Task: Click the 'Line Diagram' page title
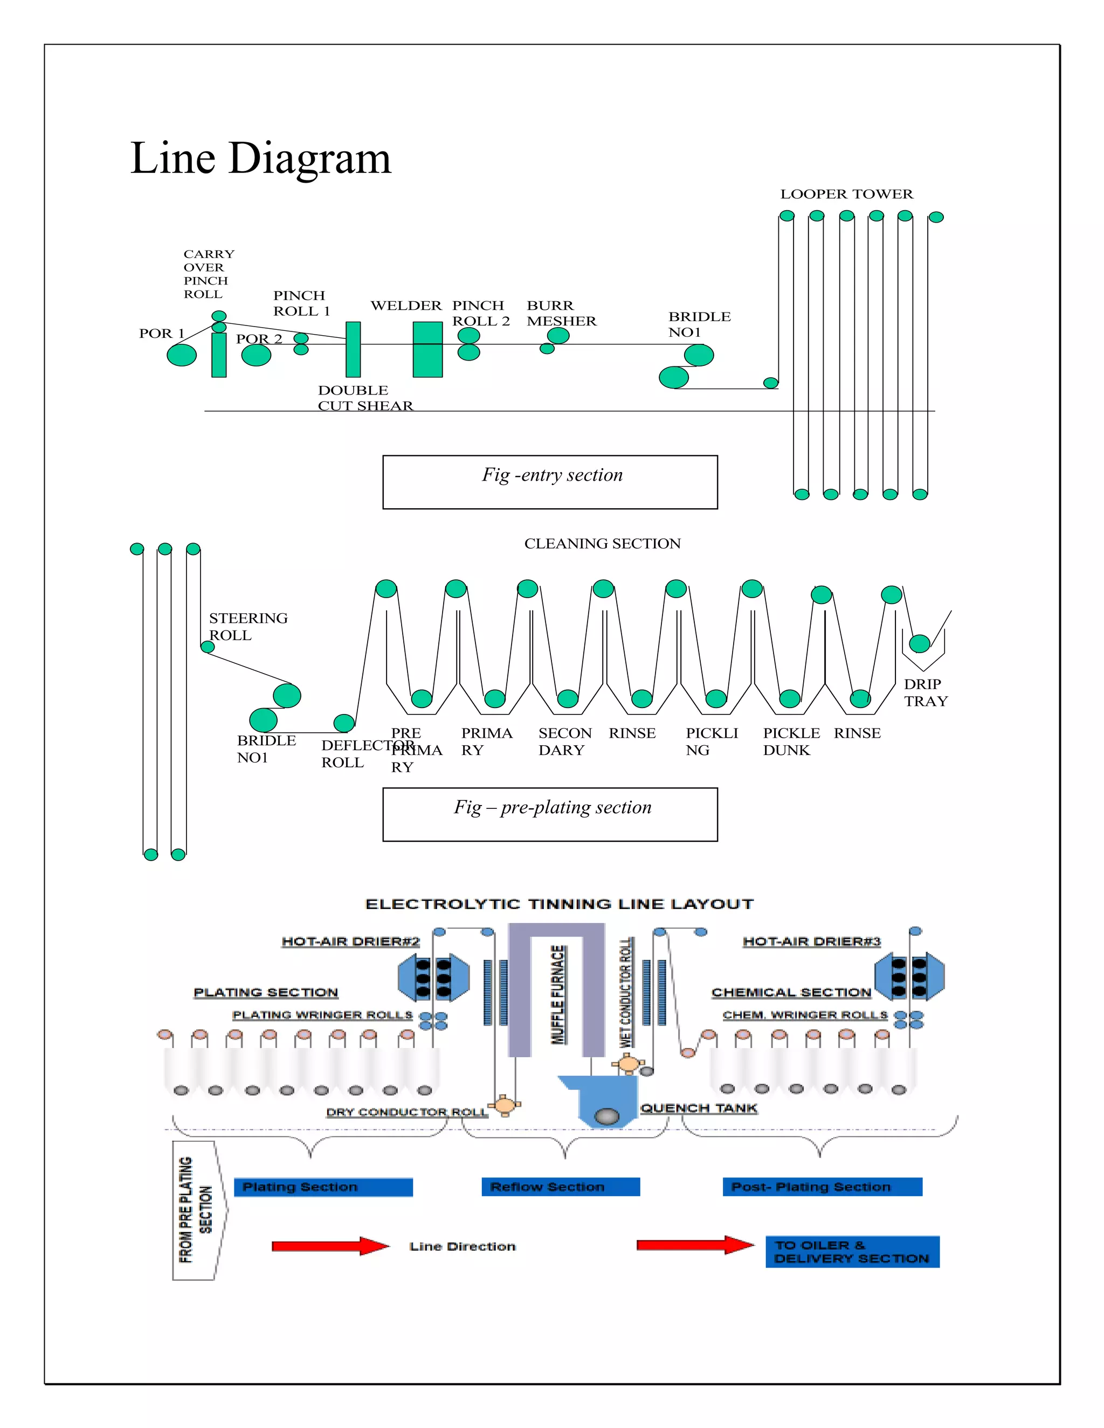pos(260,158)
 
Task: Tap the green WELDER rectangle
pos(427,349)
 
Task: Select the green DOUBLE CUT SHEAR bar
pos(353,349)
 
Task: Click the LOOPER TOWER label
pos(846,194)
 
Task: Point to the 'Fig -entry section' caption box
pos(549,482)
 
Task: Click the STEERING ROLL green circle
pos(208,647)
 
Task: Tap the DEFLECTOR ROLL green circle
pos(344,723)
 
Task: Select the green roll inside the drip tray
pos(920,643)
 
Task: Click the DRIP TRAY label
pos(926,692)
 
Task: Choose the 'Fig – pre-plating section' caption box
pos(549,814)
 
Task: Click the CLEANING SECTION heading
pos(602,543)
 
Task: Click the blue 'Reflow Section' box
pos(560,1187)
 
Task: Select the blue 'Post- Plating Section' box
pos(822,1187)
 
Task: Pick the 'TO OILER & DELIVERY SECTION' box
pos(852,1251)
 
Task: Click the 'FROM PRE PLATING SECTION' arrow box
pos(196,1210)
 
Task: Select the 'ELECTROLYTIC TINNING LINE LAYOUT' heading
pos(559,904)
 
